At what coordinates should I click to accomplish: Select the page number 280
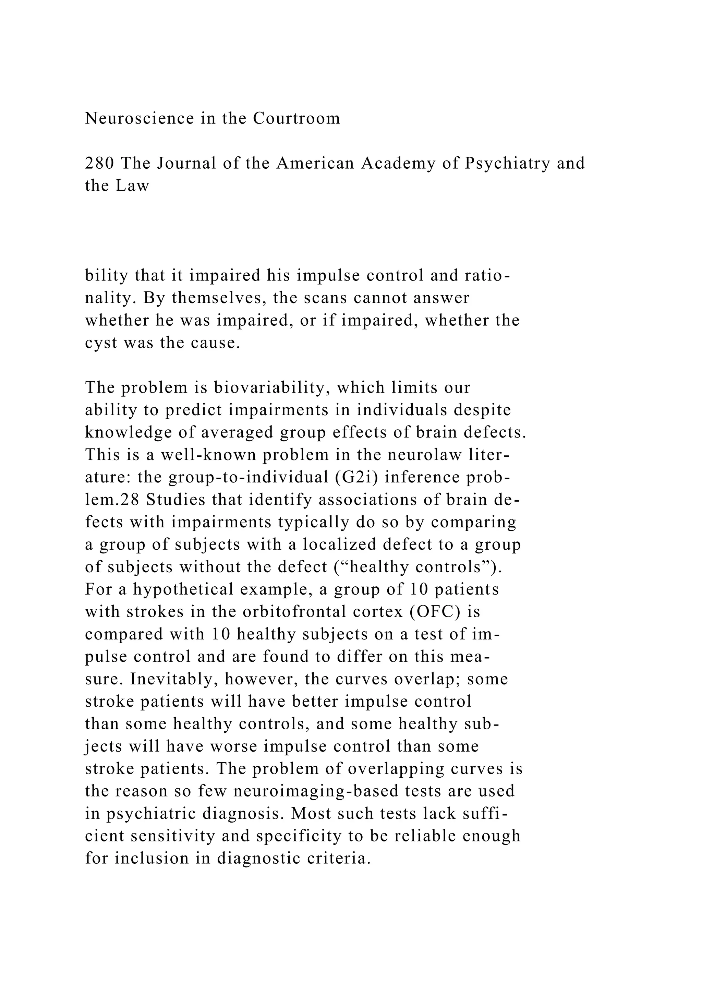click(x=99, y=164)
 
